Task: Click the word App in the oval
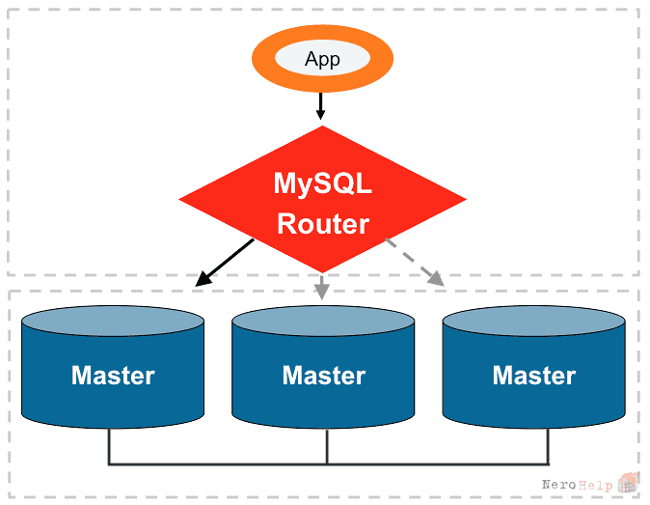tap(322, 59)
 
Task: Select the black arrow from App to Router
tap(320, 106)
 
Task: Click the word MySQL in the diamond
tap(322, 183)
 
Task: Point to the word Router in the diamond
tap(323, 224)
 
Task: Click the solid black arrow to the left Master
tap(225, 263)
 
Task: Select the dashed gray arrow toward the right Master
tap(415, 263)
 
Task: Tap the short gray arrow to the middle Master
tap(322, 287)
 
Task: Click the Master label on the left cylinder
tap(113, 376)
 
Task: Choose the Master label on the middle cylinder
tap(324, 376)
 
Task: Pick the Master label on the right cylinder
tap(534, 376)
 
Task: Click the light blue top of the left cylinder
tap(113, 321)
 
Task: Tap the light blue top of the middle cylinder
tap(323, 321)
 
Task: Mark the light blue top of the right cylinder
tap(534, 321)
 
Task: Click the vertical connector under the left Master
tap(109, 446)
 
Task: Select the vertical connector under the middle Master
tap(327, 446)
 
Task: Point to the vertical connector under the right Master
tap(548, 446)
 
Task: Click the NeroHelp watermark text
tap(577, 485)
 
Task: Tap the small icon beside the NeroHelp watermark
tap(628, 482)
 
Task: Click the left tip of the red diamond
tap(179, 199)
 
